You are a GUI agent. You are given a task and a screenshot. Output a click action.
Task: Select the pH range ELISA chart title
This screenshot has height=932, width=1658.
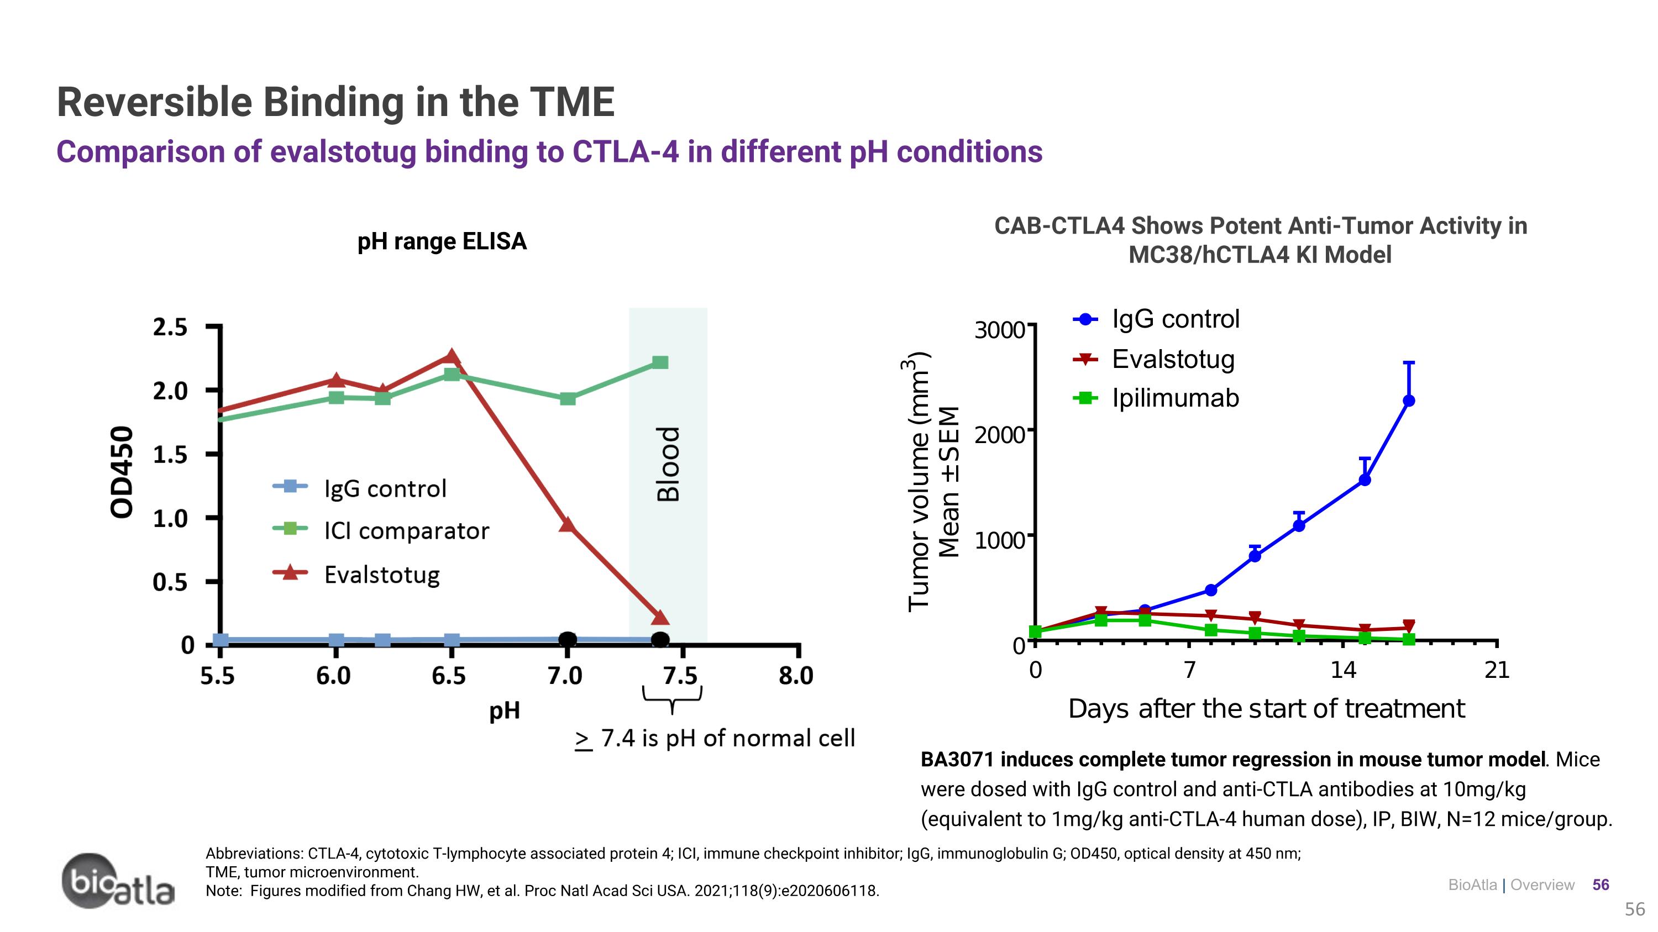coord(442,241)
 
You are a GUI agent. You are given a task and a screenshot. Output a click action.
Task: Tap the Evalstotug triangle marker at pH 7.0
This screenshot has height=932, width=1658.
coord(567,524)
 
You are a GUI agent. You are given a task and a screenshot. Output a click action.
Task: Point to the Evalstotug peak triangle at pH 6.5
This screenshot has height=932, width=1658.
coord(451,356)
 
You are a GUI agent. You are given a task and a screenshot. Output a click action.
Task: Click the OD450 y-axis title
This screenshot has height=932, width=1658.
coord(122,471)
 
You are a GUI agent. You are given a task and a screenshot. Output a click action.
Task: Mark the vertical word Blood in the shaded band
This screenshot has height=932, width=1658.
coord(668,463)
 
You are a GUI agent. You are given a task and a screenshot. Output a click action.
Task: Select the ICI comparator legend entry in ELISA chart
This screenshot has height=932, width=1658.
coord(406,531)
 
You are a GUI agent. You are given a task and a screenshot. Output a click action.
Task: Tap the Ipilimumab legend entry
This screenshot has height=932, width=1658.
coord(1174,398)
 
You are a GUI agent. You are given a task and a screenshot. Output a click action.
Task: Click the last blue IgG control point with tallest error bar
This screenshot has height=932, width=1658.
coord(1408,401)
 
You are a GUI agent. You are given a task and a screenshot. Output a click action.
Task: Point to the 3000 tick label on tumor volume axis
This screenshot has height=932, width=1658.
coord(999,330)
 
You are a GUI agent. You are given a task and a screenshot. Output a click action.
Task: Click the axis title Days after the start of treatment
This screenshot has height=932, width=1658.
coord(1266,709)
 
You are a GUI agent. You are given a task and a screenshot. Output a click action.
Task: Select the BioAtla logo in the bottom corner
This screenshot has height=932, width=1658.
coord(118,881)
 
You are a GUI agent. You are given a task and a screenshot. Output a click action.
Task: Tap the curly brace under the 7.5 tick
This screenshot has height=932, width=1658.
coord(672,698)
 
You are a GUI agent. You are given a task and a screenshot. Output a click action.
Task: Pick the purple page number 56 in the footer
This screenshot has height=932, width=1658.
coord(1601,885)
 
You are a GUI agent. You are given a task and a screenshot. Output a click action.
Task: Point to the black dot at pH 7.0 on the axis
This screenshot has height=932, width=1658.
coord(567,639)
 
